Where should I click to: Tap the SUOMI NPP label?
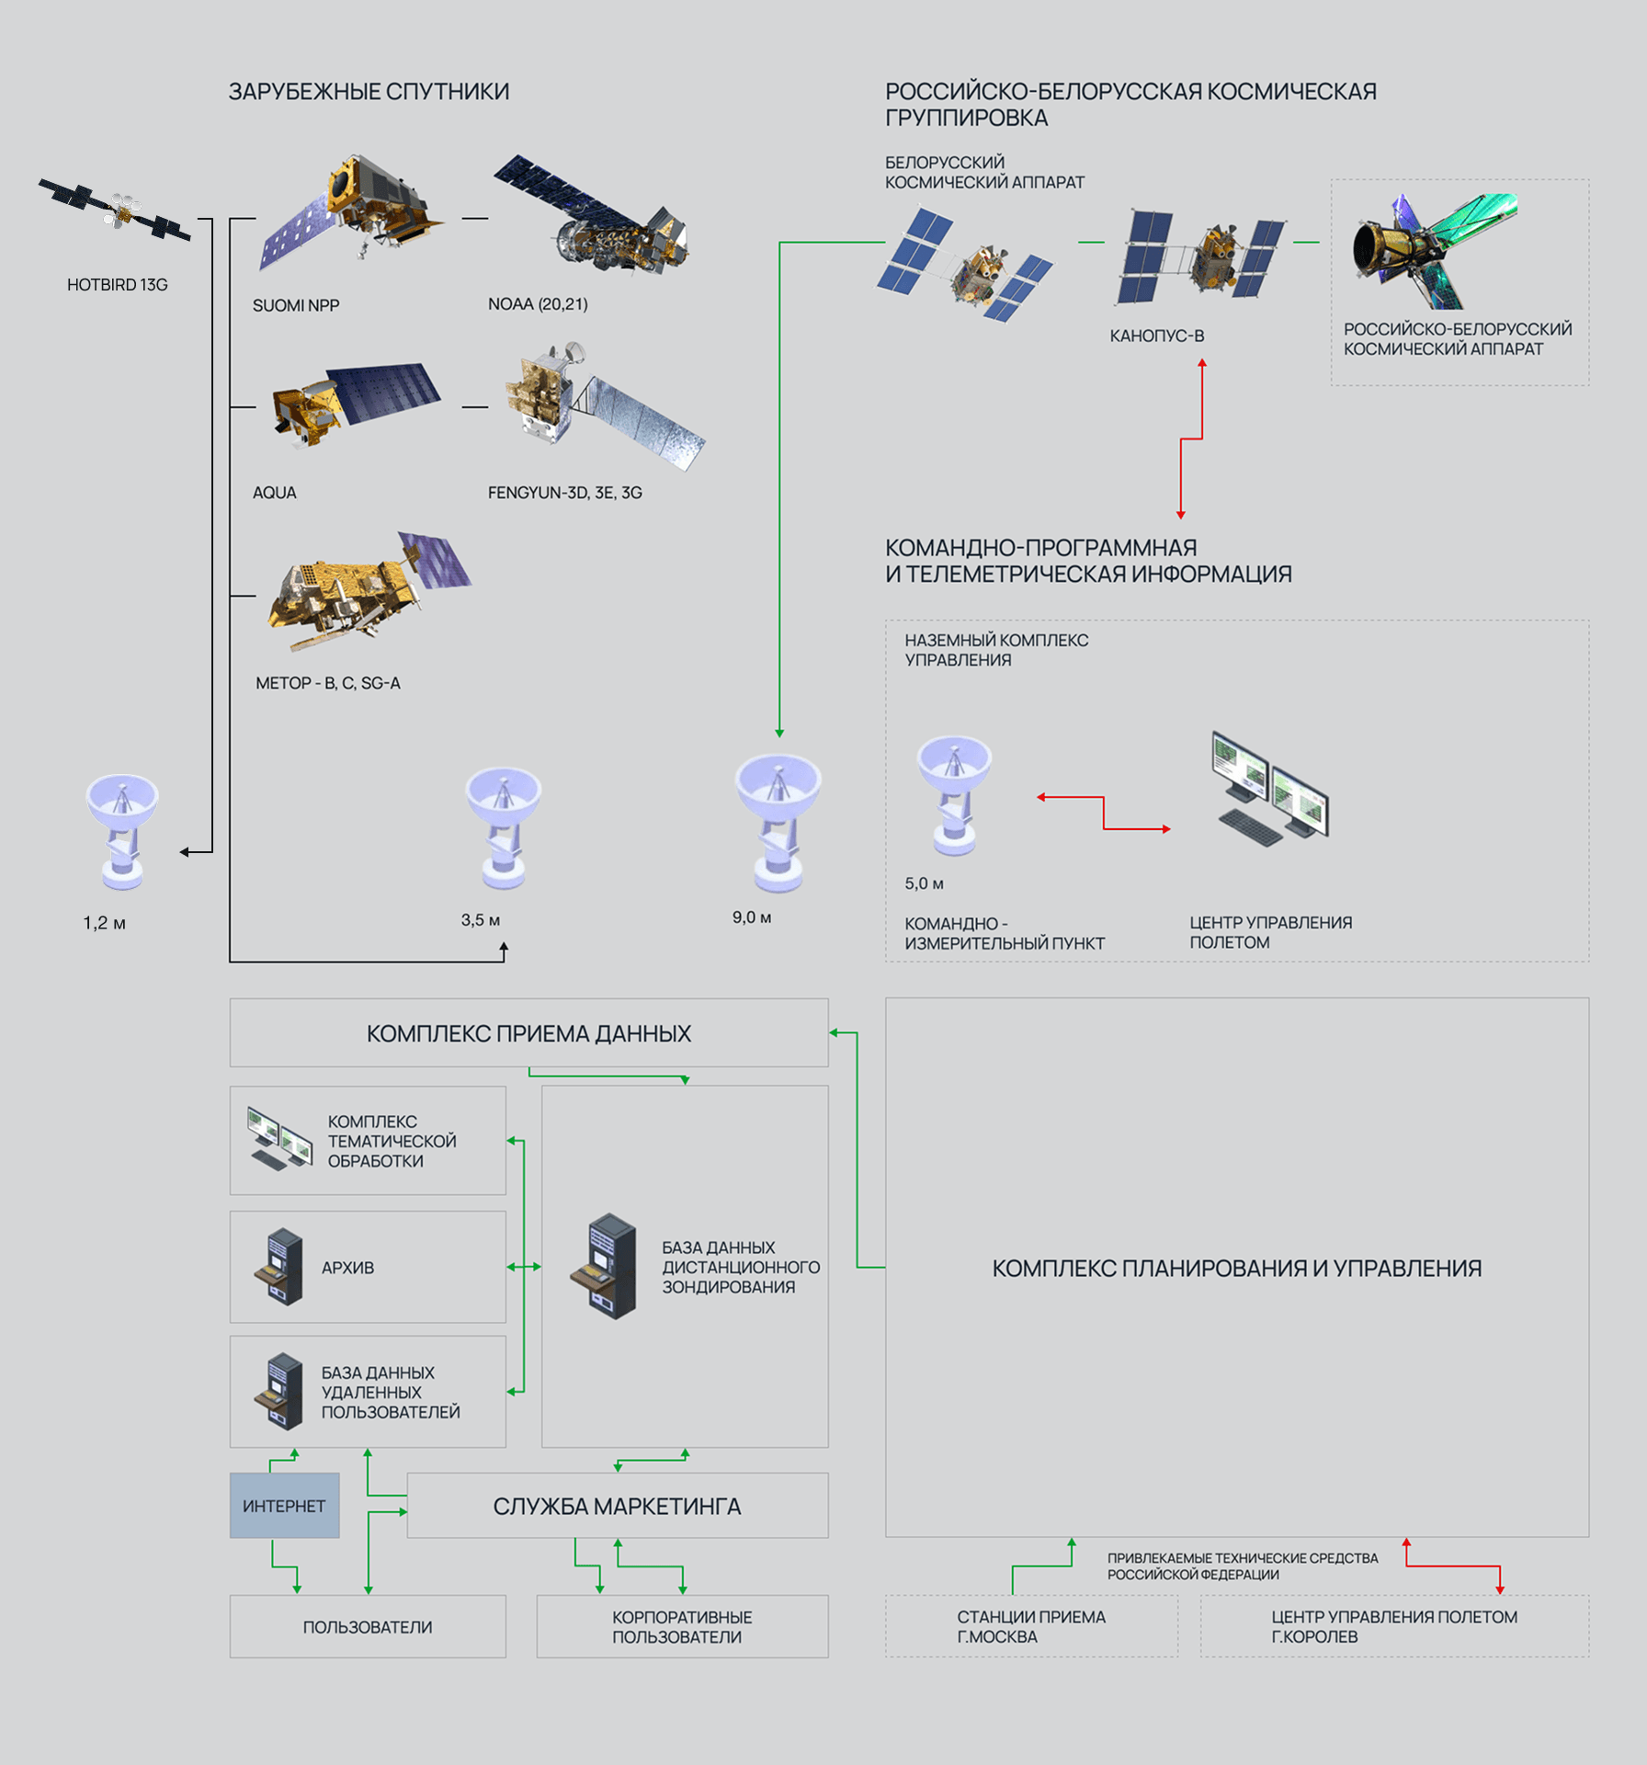[296, 305]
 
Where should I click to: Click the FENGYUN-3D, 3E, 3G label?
[564, 493]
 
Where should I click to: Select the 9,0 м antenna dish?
[778, 820]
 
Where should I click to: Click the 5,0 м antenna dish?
[954, 794]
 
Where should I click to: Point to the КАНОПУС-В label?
[1156, 336]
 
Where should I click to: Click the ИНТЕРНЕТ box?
[284, 1506]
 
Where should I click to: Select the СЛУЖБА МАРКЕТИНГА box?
[617, 1506]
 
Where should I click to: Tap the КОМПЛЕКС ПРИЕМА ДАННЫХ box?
[528, 1033]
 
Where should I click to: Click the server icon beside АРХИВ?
[280, 1267]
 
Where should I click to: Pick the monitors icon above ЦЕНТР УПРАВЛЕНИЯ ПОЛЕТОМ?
[1270, 787]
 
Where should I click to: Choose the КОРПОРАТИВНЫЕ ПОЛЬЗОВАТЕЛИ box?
[682, 1626]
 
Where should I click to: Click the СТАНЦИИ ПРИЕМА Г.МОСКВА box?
[1031, 1626]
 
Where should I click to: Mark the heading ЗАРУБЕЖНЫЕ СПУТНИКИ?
[369, 92]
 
